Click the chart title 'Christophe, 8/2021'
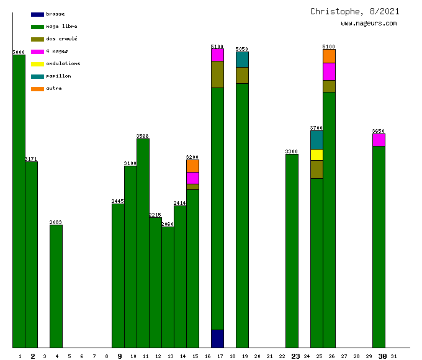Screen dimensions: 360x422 click(x=355, y=12)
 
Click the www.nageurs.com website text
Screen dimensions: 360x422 click(x=369, y=24)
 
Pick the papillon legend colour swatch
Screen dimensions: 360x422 click(x=37, y=76)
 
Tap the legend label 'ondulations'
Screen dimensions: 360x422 click(x=63, y=63)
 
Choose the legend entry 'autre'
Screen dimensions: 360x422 click(x=54, y=89)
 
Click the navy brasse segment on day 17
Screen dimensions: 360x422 click(x=217, y=338)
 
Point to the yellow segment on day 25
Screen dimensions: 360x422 click(x=316, y=155)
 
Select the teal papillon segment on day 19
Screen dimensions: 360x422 click(x=242, y=60)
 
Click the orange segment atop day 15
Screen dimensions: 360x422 click(x=192, y=166)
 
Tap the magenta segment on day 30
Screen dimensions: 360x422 click(x=379, y=140)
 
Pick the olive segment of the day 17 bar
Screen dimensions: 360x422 click(x=217, y=74)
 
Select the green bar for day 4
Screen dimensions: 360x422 click(x=56, y=286)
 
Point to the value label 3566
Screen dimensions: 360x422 click(x=143, y=136)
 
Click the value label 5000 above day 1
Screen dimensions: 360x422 click(x=19, y=52)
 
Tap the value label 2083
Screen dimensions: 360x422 click(x=56, y=222)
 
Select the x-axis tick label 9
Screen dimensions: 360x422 click(x=119, y=356)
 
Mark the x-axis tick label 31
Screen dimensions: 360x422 click(x=394, y=356)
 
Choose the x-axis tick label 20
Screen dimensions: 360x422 click(x=257, y=356)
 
